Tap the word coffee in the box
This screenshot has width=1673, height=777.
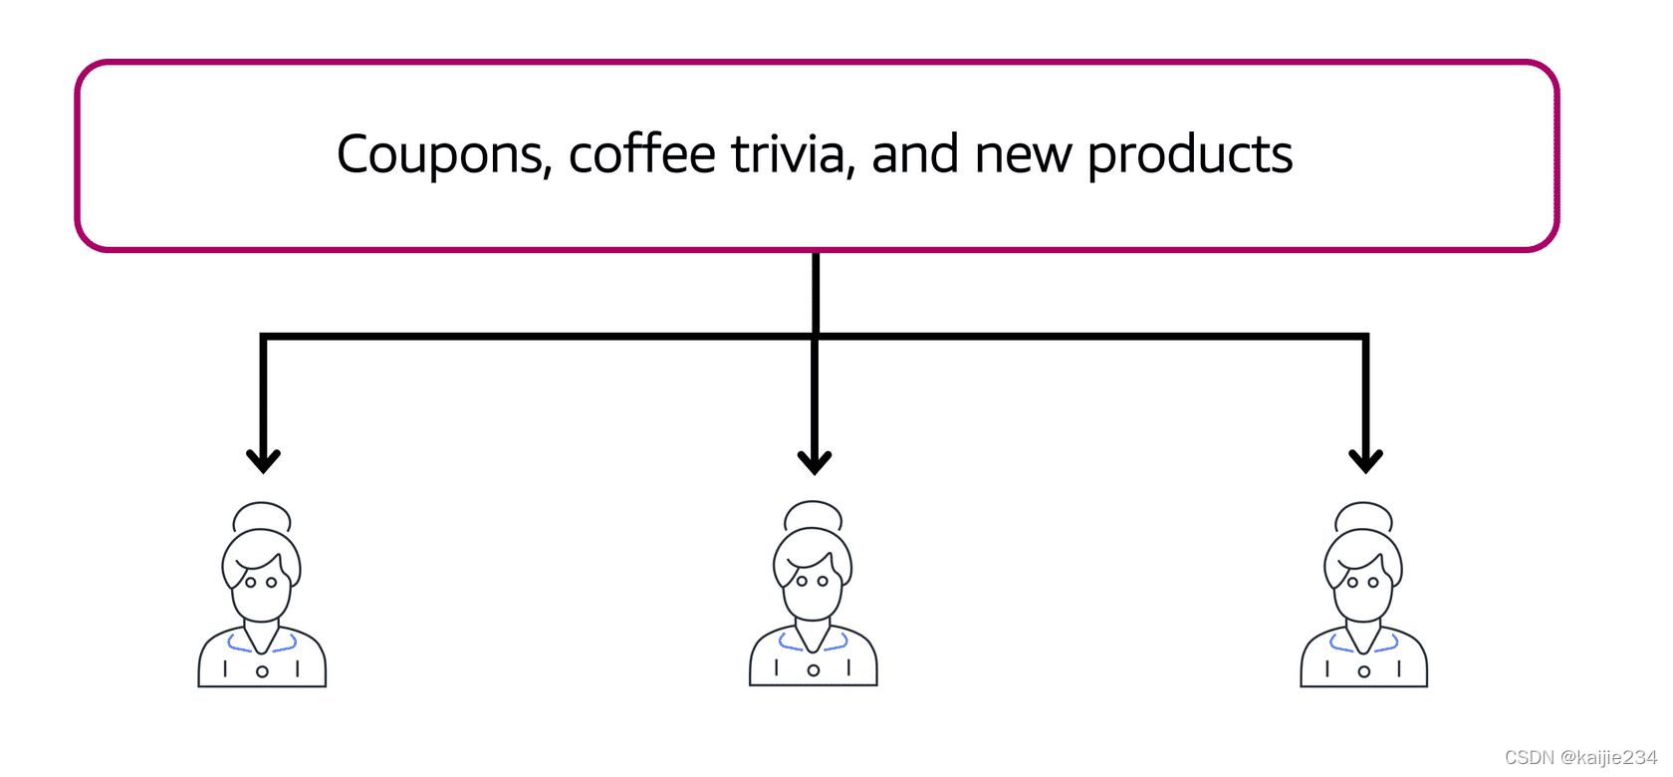tap(642, 154)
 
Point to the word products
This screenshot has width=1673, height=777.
tap(1189, 156)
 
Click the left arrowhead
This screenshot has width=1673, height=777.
tap(263, 460)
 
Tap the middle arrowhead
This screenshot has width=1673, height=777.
tap(815, 461)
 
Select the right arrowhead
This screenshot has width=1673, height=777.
tap(1365, 460)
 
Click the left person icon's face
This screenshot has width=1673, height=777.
tap(261, 588)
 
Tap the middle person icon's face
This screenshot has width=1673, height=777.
tap(813, 587)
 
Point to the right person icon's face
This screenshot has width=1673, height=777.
tap(1363, 588)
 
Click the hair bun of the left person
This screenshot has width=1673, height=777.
tap(262, 517)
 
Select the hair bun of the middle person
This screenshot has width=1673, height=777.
tap(814, 516)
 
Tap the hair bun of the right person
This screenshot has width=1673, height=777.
tap(1364, 517)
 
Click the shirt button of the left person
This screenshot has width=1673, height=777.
tap(262, 671)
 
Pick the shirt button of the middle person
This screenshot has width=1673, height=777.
tap(814, 670)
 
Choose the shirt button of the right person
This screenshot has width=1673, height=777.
tap(1364, 671)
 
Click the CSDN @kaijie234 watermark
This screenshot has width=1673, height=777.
tap(1580, 758)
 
